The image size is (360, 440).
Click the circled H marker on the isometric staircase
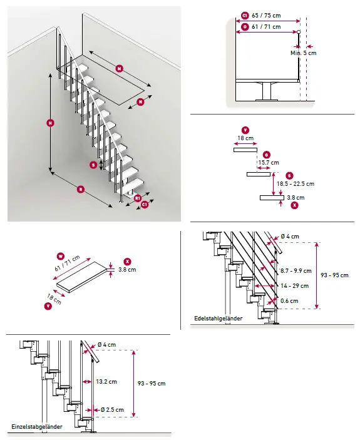(x=49, y=123)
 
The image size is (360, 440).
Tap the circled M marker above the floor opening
(x=119, y=68)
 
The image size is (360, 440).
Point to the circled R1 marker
(x=137, y=197)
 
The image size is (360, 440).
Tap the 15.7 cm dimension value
(x=270, y=163)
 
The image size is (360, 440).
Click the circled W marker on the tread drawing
(x=61, y=255)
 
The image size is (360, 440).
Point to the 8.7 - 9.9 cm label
(x=295, y=270)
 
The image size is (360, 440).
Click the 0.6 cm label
(x=290, y=300)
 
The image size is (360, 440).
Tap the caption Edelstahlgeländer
(x=218, y=319)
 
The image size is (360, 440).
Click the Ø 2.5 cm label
(x=110, y=410)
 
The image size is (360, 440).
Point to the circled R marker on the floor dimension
(x=81, y=188)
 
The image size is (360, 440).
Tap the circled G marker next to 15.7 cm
(x=267, y=155)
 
